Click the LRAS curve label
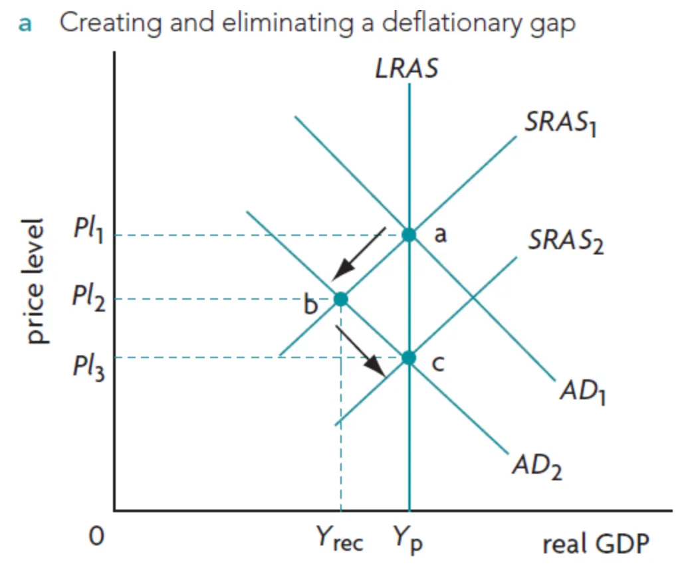(407, 68)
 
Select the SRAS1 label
(561, 123)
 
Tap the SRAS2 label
(566, 241)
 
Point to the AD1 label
(583, 391)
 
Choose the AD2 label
(538, 466)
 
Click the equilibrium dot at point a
(409, 235)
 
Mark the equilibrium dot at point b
(341, 299)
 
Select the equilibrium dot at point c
(409, 358)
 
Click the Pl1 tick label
(88, 229)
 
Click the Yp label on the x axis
(408, 539)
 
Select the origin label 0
(96, 536)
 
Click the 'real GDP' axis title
(596, 543)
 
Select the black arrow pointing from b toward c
(360, 351)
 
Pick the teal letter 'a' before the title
(25, 25)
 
